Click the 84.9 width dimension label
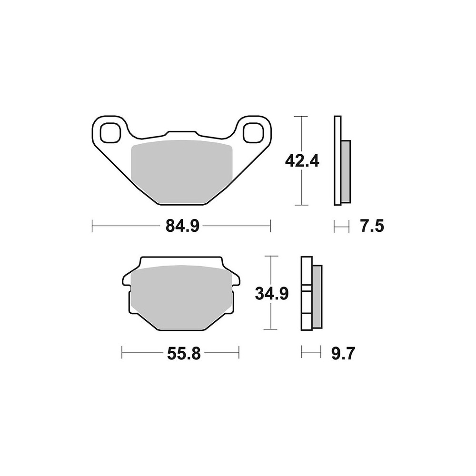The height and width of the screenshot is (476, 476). (x=182, y=226)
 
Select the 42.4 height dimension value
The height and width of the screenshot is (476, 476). (x=302, y=161)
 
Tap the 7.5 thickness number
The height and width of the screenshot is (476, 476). (x=373, y=226)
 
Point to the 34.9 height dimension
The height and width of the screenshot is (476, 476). (x=272, y=294)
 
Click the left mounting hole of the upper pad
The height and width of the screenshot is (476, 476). (x=110, y=132)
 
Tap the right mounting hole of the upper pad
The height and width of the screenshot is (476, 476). (x=253, y=132)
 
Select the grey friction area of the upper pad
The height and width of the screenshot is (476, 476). (x=181, y=171)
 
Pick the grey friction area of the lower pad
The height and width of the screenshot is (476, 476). (x=181, y=297)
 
